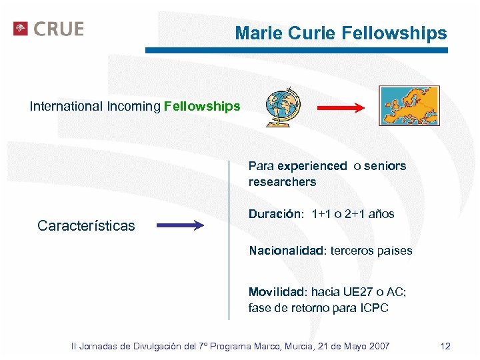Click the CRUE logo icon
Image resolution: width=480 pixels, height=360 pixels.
[x=21, y=29]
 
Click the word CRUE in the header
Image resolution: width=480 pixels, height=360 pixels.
[x=58, y=29]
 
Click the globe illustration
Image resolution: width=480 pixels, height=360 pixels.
[x=283, y=107]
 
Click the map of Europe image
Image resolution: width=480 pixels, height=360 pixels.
[x=409, y=105]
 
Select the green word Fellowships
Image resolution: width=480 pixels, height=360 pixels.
[x=202, y=106]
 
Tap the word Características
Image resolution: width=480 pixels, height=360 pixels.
[x=86, y=225]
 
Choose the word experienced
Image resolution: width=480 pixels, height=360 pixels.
[x=312, y=166]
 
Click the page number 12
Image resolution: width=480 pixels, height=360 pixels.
[x=445, y=346]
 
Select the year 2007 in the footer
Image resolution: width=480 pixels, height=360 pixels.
[x=377, y=346]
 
